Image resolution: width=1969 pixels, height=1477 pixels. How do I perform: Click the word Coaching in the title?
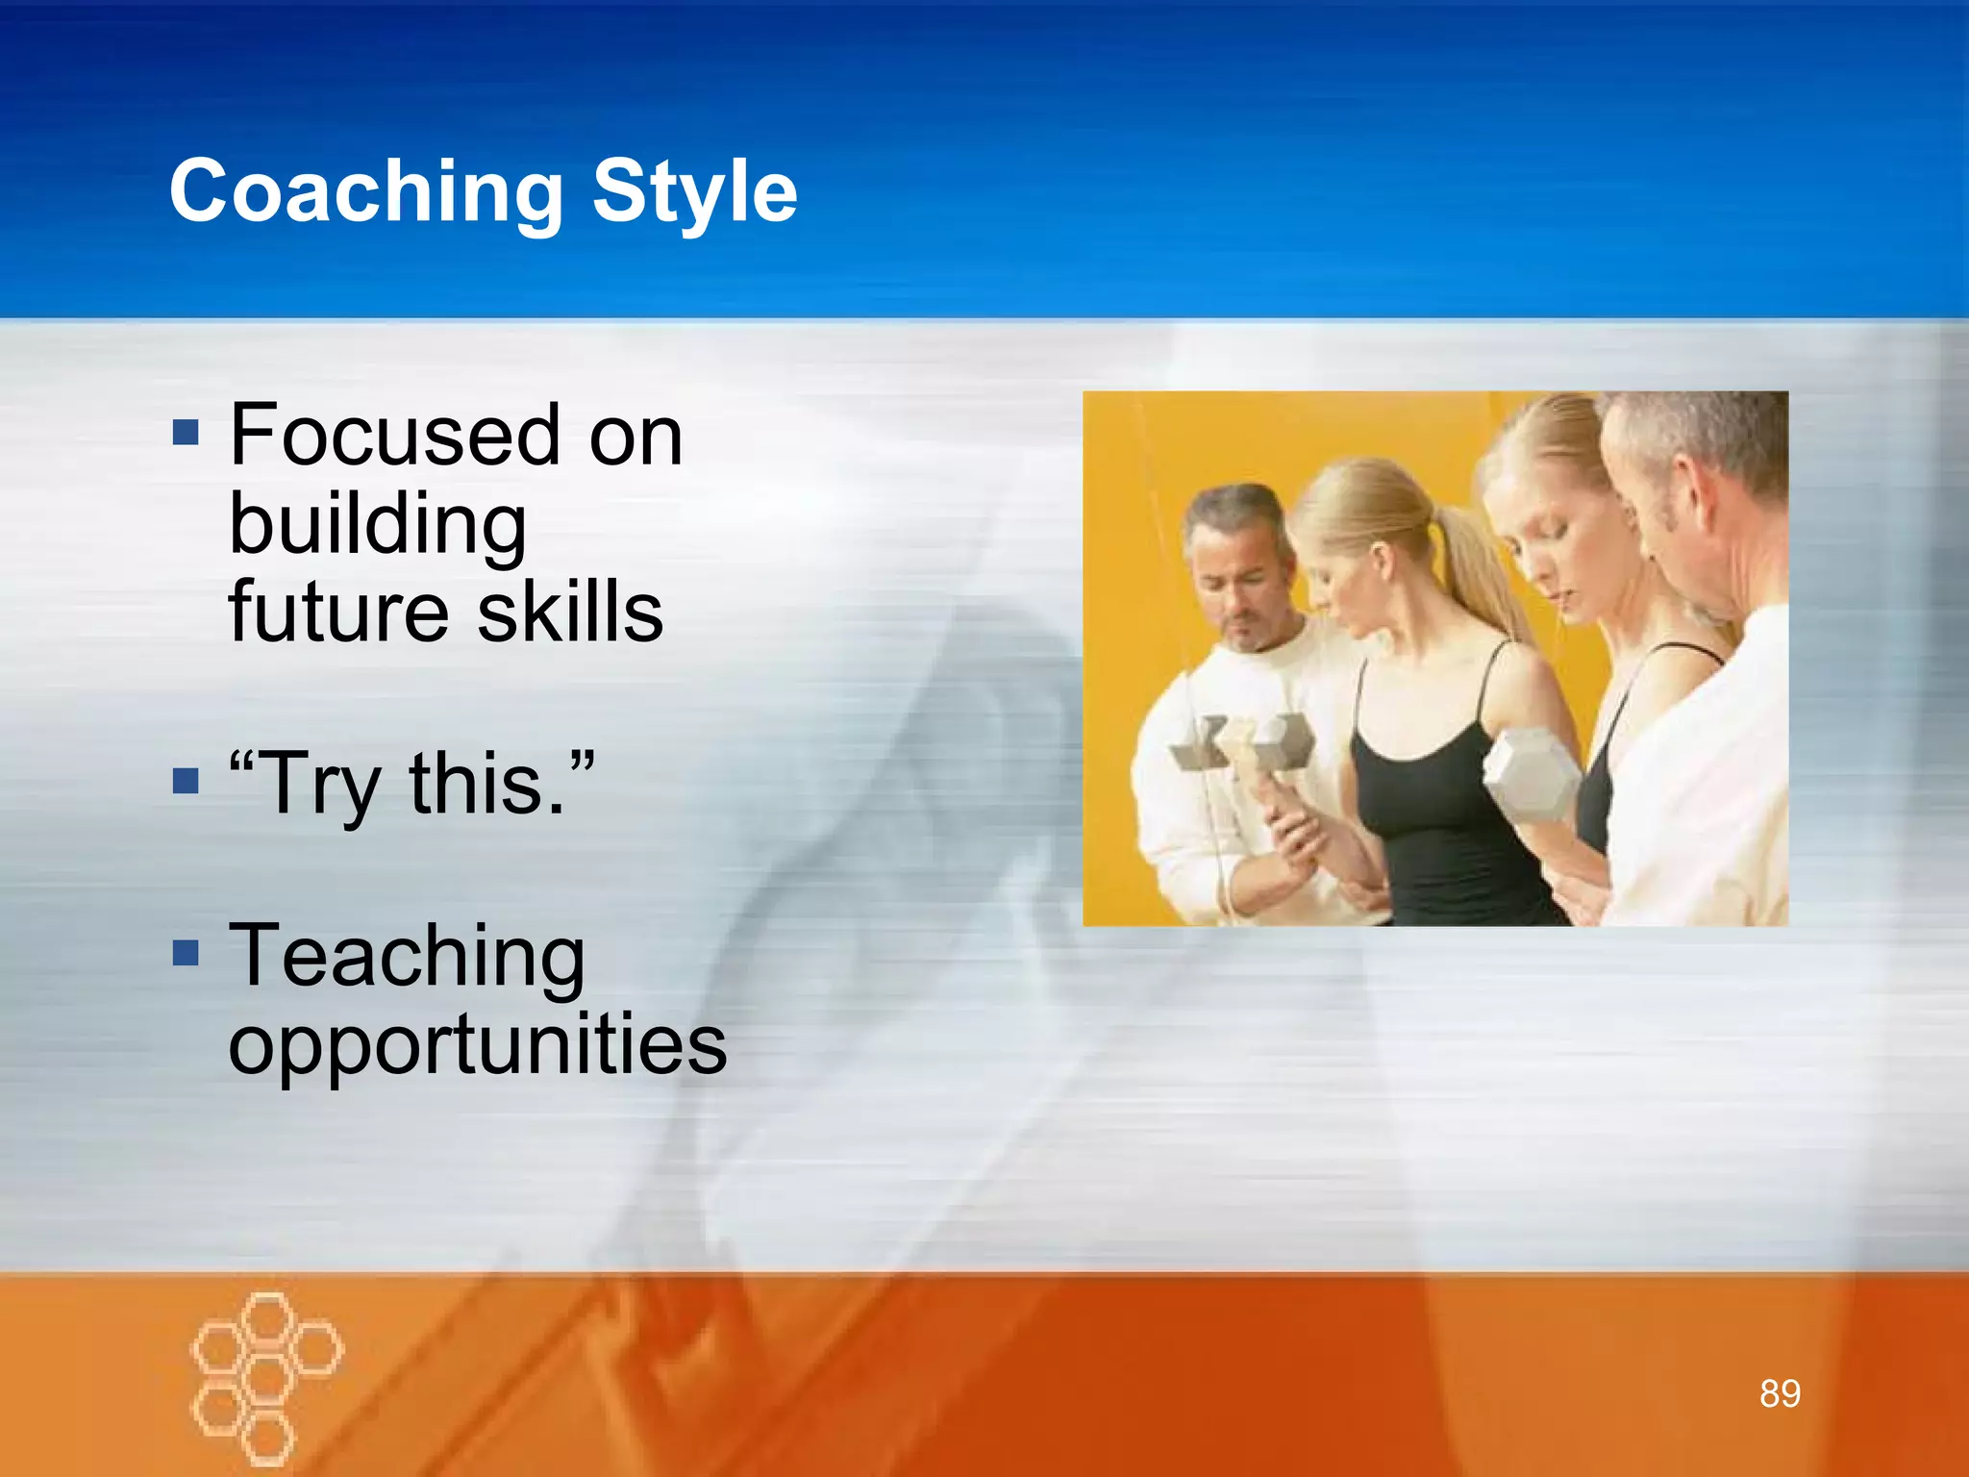pyautogui.click(x=365, y=192)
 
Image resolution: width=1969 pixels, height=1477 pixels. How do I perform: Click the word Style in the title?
pyautogui.click(x=694, y=192)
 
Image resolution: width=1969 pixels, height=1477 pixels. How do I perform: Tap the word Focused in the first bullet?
pyautogui.click(x=394, y=436)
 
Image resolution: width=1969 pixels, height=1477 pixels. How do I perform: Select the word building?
pyautogui.click(x=378, y=526)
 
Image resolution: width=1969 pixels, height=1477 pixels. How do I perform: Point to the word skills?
pyautogui.click(x=570, y=613)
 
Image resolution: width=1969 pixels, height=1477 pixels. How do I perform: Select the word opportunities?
pyautogui.click(x=477, y=1045)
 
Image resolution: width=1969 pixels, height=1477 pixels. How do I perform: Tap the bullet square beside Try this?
pyautogui.click(x=186, y=780)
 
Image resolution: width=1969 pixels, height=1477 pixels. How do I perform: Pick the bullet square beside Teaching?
pyautogui.click(x=186, y=953)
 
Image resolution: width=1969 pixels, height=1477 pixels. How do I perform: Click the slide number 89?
pyautogui.click(x=1780, y=1393)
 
